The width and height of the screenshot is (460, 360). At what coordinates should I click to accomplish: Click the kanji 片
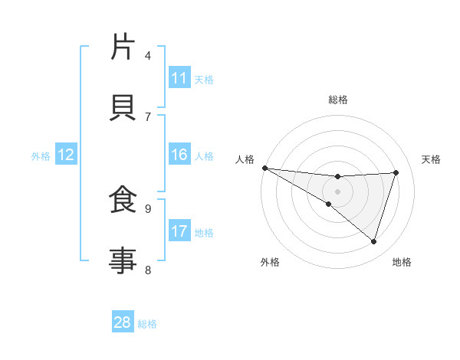(123, 47)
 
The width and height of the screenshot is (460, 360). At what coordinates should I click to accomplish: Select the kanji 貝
(123, 107)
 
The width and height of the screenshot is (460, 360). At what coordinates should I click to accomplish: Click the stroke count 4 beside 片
(148, 55)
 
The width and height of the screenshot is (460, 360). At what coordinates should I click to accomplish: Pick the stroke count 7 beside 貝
(148, 116)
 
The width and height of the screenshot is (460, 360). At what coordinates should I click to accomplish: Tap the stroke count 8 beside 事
(148, 270)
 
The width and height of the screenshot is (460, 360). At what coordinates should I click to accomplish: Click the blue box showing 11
(179, 78)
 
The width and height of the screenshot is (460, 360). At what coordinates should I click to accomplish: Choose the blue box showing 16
(179, 155)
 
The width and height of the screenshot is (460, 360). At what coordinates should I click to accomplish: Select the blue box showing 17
(179, 231)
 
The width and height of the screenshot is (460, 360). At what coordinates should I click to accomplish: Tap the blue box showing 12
(66, 155)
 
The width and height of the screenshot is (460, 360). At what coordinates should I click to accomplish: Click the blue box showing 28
(123, 322)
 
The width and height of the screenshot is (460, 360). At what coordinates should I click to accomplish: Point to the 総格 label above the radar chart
(337, 100)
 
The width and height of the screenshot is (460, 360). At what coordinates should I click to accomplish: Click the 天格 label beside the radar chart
(432, 159)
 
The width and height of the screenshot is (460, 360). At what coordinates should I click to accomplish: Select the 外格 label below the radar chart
(270, 262)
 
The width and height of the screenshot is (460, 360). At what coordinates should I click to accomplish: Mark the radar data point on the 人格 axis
(264, 168)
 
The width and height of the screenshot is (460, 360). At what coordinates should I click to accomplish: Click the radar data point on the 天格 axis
(396, 172)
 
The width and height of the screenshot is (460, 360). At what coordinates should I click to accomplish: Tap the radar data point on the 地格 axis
(374, 242)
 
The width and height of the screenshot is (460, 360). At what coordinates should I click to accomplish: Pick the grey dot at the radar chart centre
(337, 191)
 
